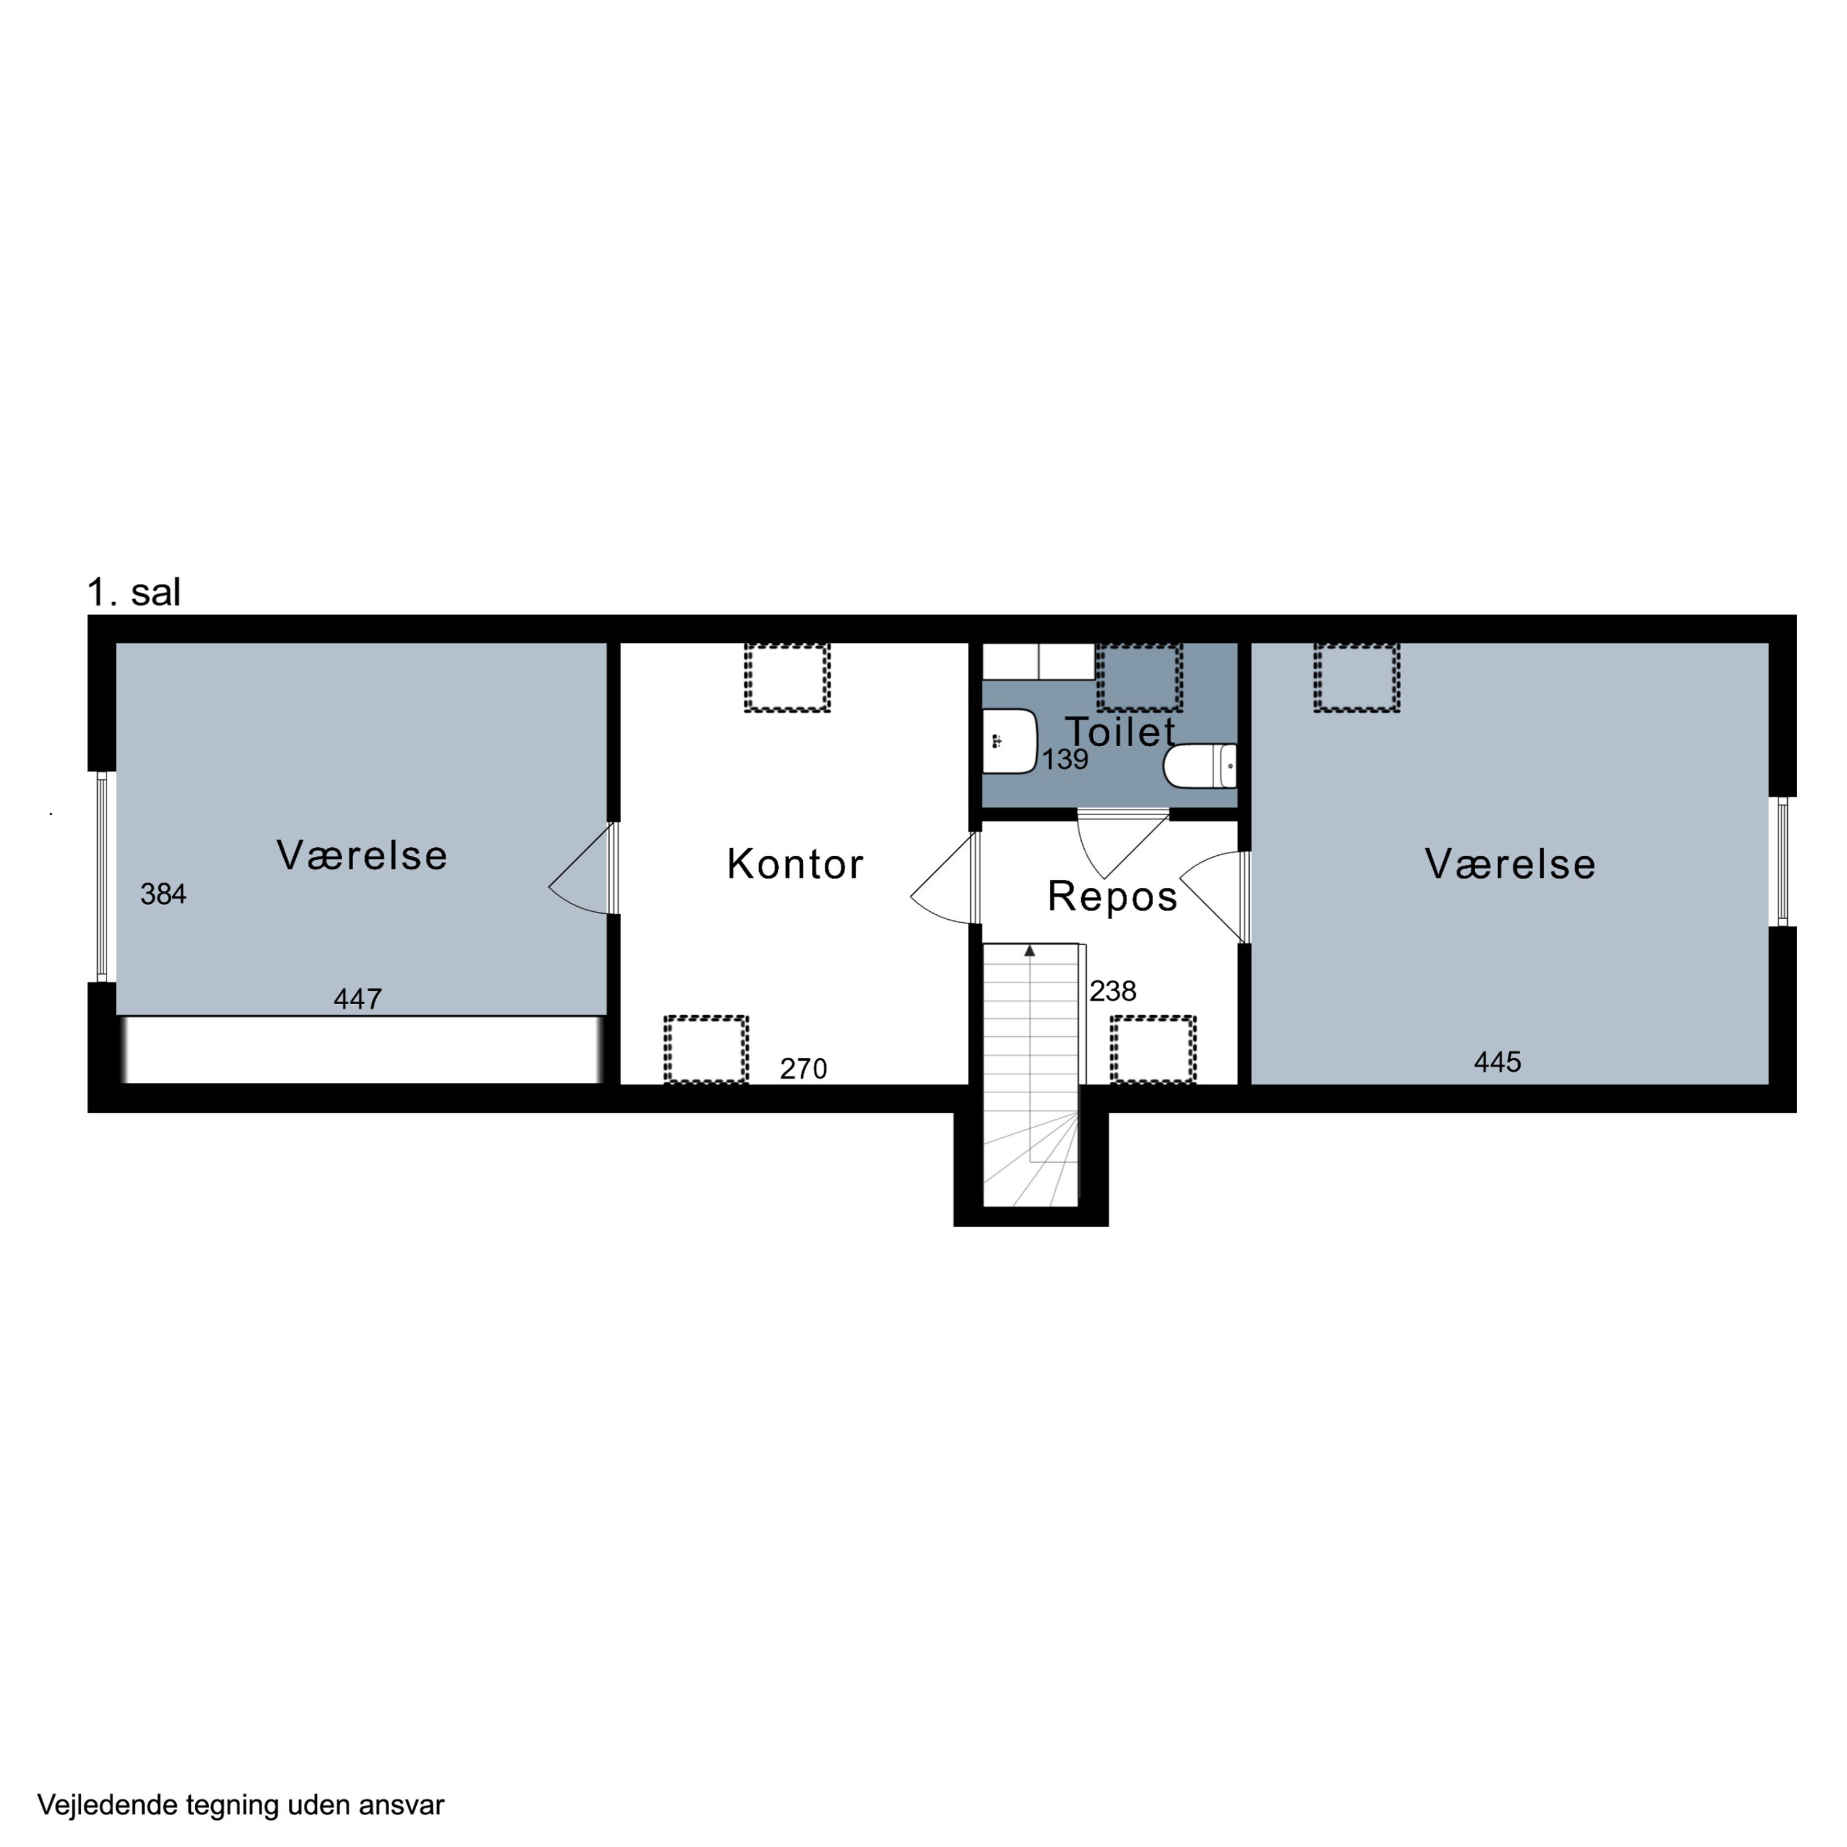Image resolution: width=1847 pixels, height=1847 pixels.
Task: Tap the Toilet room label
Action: pos(1121,732)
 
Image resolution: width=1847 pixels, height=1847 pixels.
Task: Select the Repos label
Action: pos(1112,897)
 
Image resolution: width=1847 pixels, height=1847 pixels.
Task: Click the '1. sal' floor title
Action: pos(134,593)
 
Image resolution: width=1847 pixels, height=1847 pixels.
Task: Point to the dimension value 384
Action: pos(164,894)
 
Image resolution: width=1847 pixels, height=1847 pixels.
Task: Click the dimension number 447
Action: pos(358,999)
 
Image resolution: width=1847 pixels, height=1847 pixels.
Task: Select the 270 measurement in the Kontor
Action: pos(803,1069)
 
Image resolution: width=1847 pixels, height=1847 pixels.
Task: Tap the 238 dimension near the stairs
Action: pos(1113,991)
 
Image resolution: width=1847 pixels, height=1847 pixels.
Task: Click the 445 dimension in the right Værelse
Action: pos(1497,1062)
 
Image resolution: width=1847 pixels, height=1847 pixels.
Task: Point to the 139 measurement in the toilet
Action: pos(1065,759)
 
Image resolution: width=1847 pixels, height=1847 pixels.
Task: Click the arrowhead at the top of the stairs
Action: pos(1029,951)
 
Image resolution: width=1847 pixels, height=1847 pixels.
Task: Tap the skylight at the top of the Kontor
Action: pos(787,678)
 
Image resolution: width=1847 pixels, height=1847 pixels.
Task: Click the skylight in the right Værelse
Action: pos(1356,678)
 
